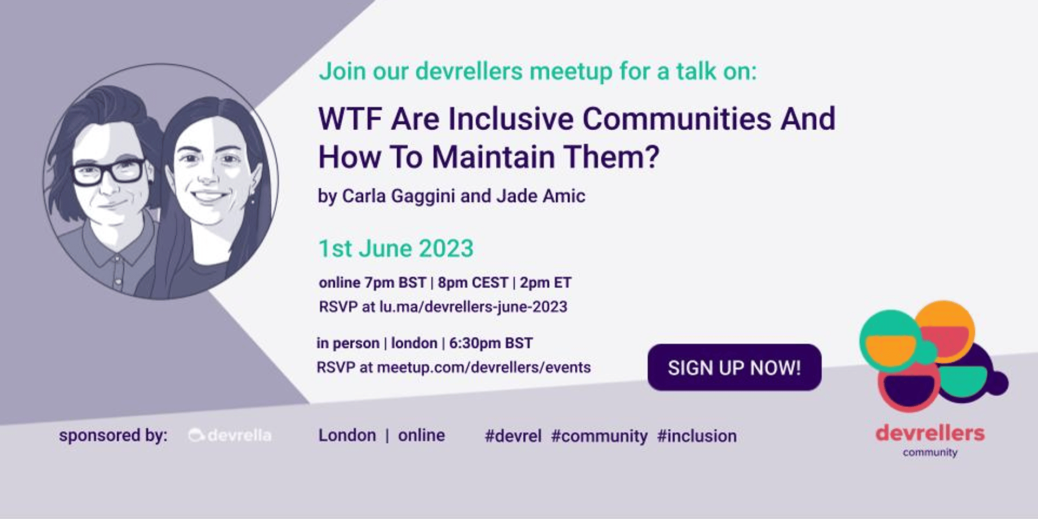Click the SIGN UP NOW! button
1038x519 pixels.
point(734,368)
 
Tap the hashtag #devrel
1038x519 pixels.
point(513,436)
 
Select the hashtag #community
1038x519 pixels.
point(599,436)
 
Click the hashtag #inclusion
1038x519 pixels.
point(697,436)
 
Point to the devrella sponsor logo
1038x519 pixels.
point(230,435)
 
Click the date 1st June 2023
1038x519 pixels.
point(396,249)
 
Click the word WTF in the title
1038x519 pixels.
point(351,118)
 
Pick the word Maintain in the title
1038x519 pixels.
point(494,157)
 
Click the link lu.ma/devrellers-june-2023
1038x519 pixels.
point(473,307)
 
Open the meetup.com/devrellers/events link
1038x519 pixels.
point(484,368)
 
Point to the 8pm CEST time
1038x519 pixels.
point(473,283)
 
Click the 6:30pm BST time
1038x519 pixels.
point(491,343)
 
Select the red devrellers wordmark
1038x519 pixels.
point(930,433)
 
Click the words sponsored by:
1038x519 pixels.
point(113,436)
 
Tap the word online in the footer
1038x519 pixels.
point(422,435)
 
